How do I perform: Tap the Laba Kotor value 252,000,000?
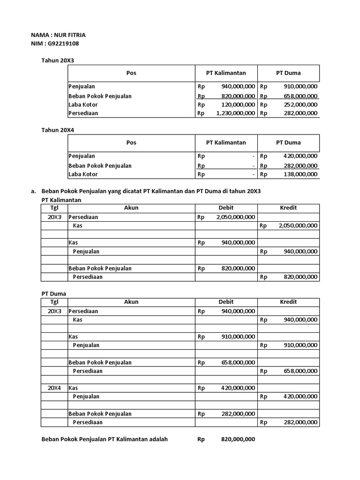coord(300,105)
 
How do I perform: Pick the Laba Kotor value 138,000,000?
coord(300,174)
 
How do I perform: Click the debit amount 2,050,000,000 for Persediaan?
coord(236,217)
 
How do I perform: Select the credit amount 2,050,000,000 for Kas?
coord(298,225)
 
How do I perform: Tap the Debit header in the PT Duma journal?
coord(226,302)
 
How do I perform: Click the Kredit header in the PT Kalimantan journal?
coord(288,208)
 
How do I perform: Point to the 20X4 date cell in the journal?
coord(54,388)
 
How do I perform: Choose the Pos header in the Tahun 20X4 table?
coord(131,142)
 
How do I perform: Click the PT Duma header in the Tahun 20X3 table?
coord(288,73)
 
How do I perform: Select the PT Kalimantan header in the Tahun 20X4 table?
coord(226,142)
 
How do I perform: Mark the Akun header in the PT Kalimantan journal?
coord(131,208)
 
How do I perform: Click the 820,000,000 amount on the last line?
coord(238,440)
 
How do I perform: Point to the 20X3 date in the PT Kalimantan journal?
coord(54,217)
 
